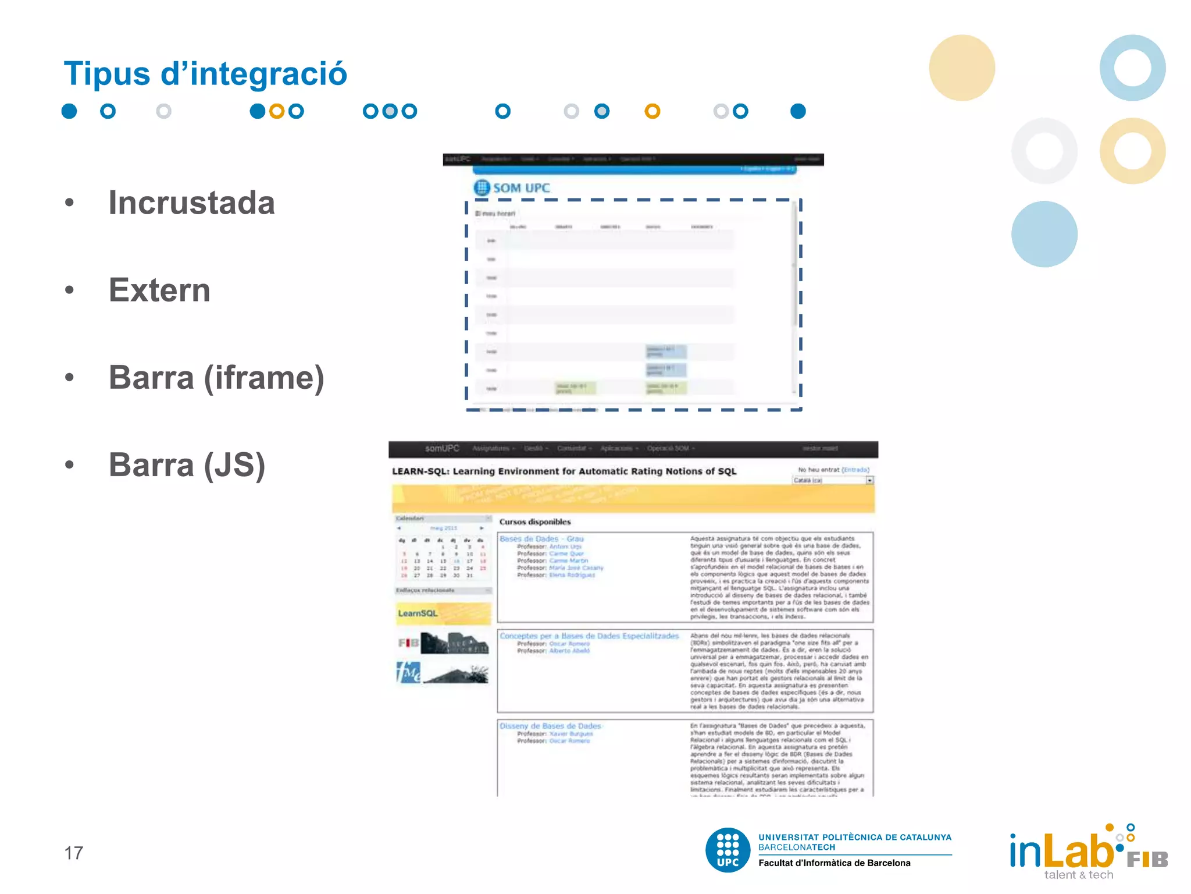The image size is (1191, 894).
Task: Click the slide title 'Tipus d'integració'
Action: [205, 74]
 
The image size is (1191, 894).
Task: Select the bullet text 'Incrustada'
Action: [191, 203]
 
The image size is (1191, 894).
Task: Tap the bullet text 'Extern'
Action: [159, 290]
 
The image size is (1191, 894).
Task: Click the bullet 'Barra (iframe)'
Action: [216, 378]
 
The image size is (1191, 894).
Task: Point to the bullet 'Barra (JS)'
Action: [187, 466]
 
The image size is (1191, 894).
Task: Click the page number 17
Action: [74, 853]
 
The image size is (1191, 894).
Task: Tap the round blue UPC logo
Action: [728, 850]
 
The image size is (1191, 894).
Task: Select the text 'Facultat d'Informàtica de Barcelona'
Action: [834, 863]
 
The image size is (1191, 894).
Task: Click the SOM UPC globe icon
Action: [482, 187]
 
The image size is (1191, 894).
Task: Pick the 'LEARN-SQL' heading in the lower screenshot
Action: [564, 471]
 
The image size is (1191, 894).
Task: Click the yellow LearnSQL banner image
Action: [443, 613]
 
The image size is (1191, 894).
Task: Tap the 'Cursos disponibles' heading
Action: [535, 522]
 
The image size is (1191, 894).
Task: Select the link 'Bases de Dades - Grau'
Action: [541, 539]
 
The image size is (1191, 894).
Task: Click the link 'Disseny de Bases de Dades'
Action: [550, 726]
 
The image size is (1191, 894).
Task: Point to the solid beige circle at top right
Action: [962, 68]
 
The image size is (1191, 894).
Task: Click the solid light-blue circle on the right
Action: [1044, 234]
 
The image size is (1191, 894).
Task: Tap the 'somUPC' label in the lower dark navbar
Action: [442, 448]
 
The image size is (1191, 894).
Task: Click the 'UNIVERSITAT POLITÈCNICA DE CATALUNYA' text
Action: [854, 838]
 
